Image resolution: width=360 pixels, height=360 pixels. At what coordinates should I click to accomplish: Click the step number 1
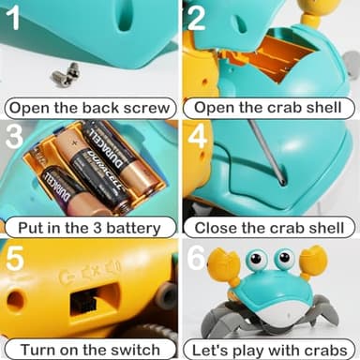pos(16,20)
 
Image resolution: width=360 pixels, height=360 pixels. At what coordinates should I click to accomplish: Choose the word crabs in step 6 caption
pos(325,348)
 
